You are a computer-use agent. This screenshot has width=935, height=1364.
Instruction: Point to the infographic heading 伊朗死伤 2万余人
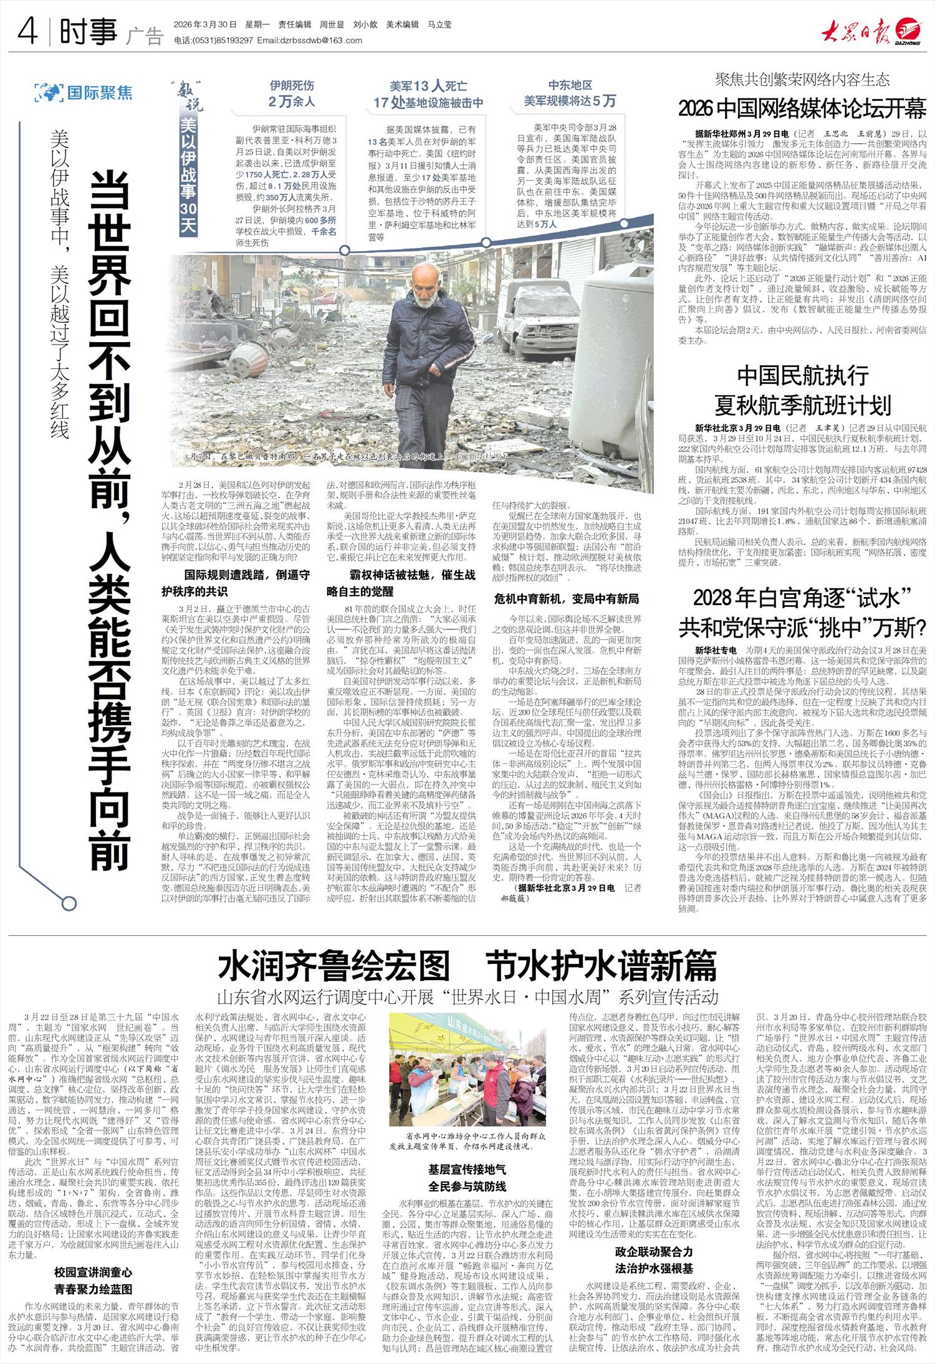(x=291, y=93)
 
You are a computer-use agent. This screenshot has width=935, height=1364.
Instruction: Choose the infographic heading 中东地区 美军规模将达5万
(x=569, y=93)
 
